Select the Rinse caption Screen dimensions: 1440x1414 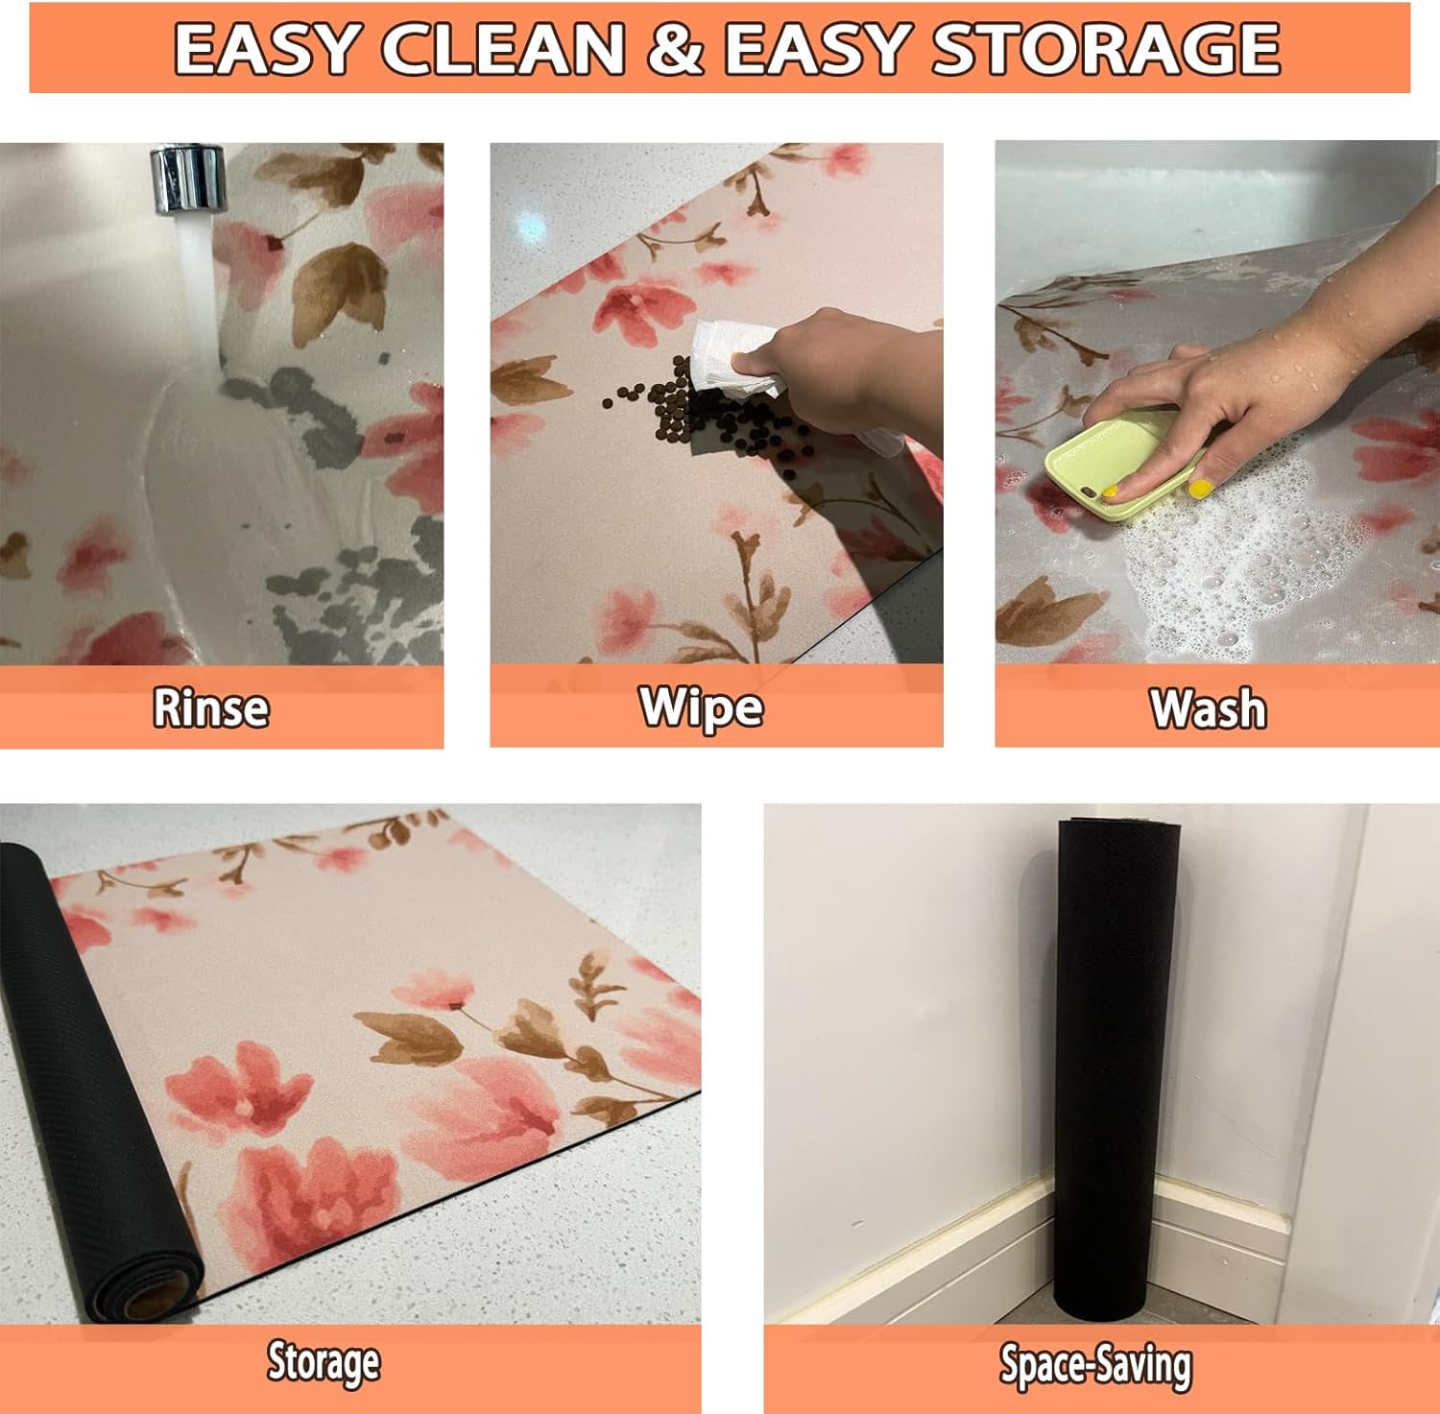[211, 708]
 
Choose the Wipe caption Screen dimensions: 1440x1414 [702, 708]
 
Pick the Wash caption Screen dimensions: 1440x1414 [1209, 709]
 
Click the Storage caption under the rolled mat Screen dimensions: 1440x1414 [324, 1363]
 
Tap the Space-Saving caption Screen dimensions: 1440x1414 [1095, 1365]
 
